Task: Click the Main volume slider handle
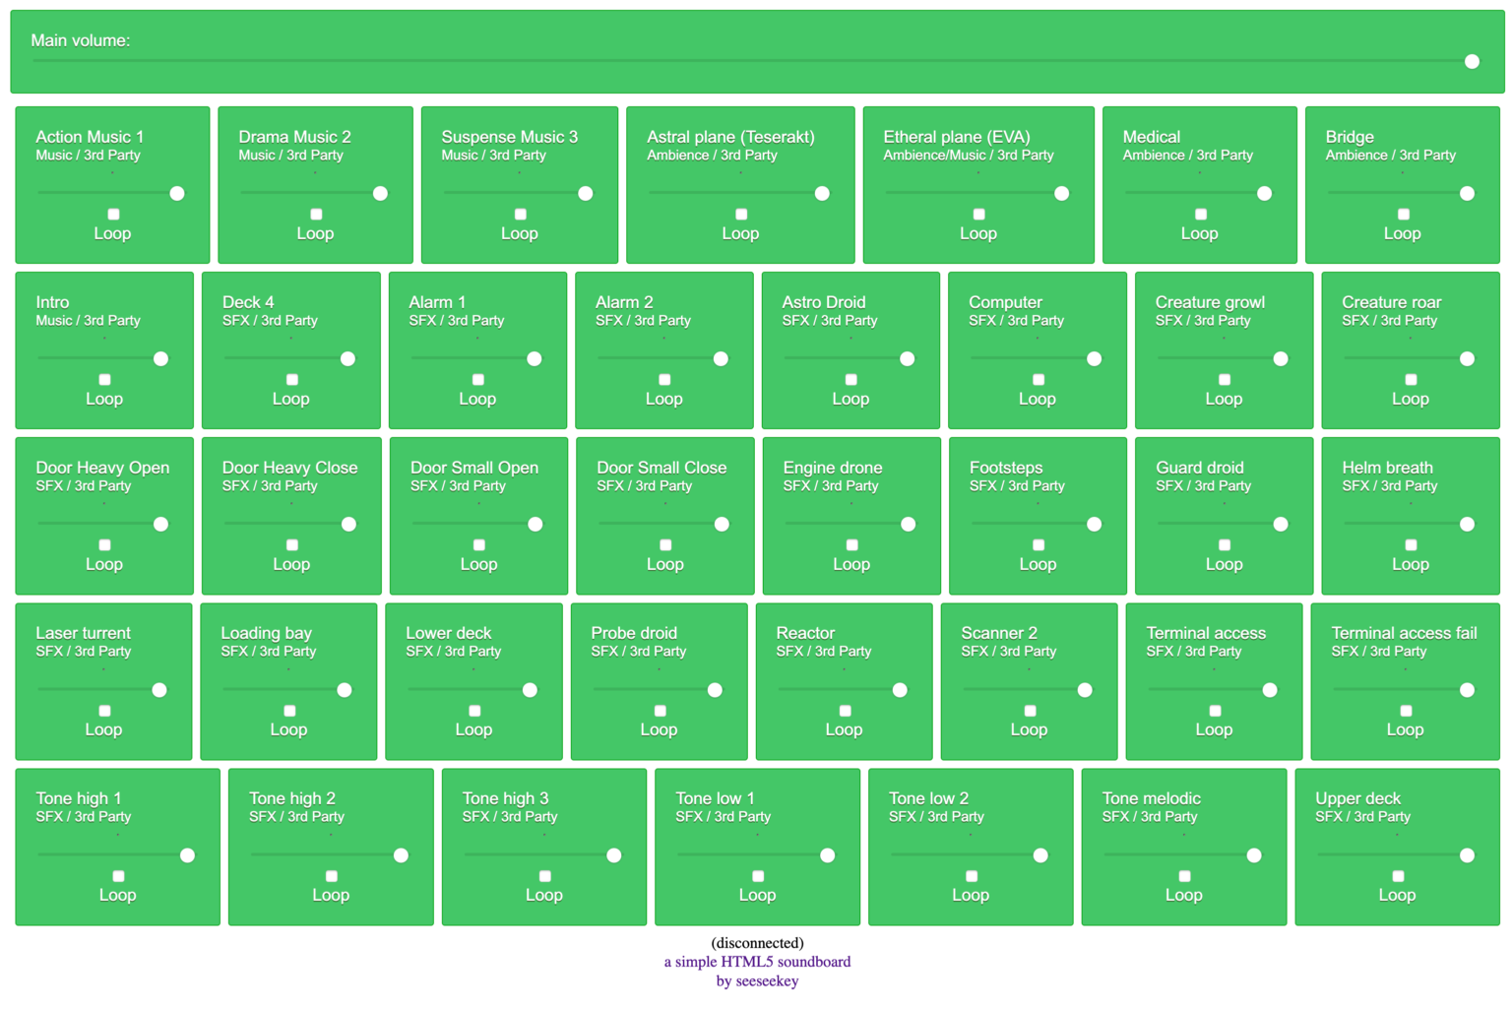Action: click(1472, 61)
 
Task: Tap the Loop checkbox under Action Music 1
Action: click(113, 215)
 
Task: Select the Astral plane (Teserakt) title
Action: click(730, 137)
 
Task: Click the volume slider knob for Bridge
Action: click(1467, 194)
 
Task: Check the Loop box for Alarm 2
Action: click(664, 380)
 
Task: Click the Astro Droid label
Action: click(823, 302)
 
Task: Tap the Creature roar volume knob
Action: click(1467, 359)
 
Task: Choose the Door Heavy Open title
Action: click(102, 468)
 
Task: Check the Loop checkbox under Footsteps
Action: click(1039, 545)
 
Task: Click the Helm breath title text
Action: click(1387, 468)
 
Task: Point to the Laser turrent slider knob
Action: click(159, 690)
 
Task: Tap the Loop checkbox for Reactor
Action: click(845, 711)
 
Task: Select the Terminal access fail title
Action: click(1404, 633)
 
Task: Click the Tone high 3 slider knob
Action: click(614, 855)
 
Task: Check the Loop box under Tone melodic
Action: click(1184, 876)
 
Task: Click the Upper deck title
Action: click(1357, 798)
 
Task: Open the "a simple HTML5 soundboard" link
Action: click(757, 962)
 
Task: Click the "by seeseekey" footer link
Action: click(757, 980)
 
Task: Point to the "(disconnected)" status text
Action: click(757, 943)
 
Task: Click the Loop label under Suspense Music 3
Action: click(520, 233)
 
